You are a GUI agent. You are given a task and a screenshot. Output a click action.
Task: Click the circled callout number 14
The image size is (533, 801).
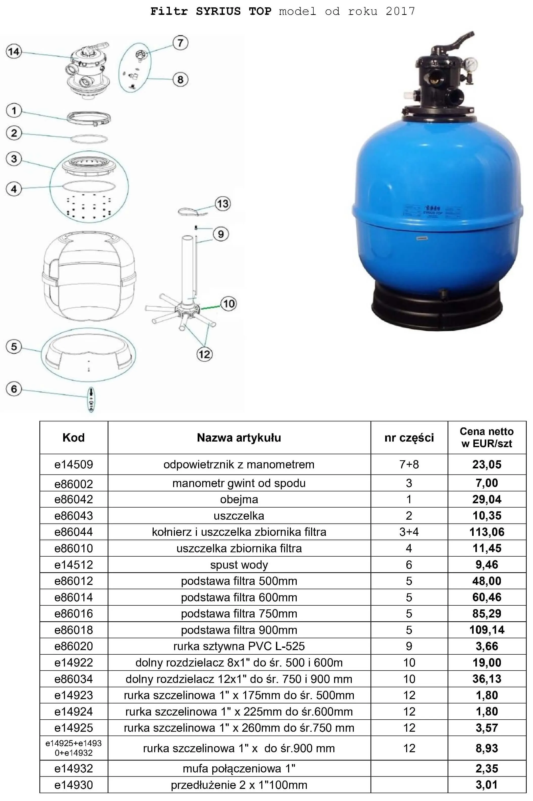14,52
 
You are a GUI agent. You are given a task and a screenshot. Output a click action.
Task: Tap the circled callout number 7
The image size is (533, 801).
180,43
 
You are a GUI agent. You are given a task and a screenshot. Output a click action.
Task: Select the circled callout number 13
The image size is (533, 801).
223,204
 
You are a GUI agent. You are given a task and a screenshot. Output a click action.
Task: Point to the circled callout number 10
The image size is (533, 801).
229,304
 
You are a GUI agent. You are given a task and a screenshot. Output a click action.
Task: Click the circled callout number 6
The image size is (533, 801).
14,389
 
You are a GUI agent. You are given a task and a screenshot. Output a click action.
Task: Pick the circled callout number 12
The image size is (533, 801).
204,355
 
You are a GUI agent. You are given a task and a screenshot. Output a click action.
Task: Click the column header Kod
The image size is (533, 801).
74,438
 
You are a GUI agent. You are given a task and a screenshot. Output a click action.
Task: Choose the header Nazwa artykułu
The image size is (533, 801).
239,438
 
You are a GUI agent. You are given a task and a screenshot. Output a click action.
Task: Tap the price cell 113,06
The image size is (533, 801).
487,532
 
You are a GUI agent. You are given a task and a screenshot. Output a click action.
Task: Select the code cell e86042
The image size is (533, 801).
74,499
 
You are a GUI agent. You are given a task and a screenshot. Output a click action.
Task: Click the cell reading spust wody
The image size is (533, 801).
239,564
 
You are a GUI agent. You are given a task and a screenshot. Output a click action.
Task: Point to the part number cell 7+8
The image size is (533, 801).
409,464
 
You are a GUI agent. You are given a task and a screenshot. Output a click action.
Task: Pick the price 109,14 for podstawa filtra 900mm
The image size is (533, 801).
487,630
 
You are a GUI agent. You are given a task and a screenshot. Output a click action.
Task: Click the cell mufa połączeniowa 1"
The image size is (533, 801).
239,768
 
